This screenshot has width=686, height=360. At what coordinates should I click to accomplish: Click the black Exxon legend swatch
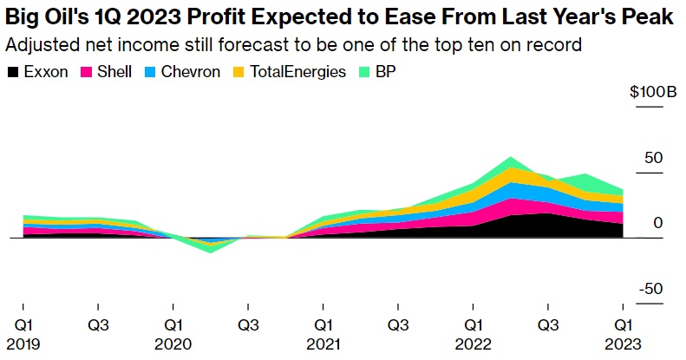click(x=12, y=73)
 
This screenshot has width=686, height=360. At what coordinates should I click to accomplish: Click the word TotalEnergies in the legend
click(x=297, y=73)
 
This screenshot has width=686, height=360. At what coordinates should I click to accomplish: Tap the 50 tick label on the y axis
click(x=653, y=158)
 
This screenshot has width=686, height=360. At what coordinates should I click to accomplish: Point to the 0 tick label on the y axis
click(x=657, y=224)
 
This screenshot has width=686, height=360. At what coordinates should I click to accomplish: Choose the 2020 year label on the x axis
click(x=173, y=344)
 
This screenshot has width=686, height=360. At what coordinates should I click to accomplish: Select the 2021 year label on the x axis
click(x=323, y=344)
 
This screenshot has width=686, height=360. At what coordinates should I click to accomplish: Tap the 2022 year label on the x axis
click(x=473, y=344)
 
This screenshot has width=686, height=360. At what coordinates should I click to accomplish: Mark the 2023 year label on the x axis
click(x=623, y=344)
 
